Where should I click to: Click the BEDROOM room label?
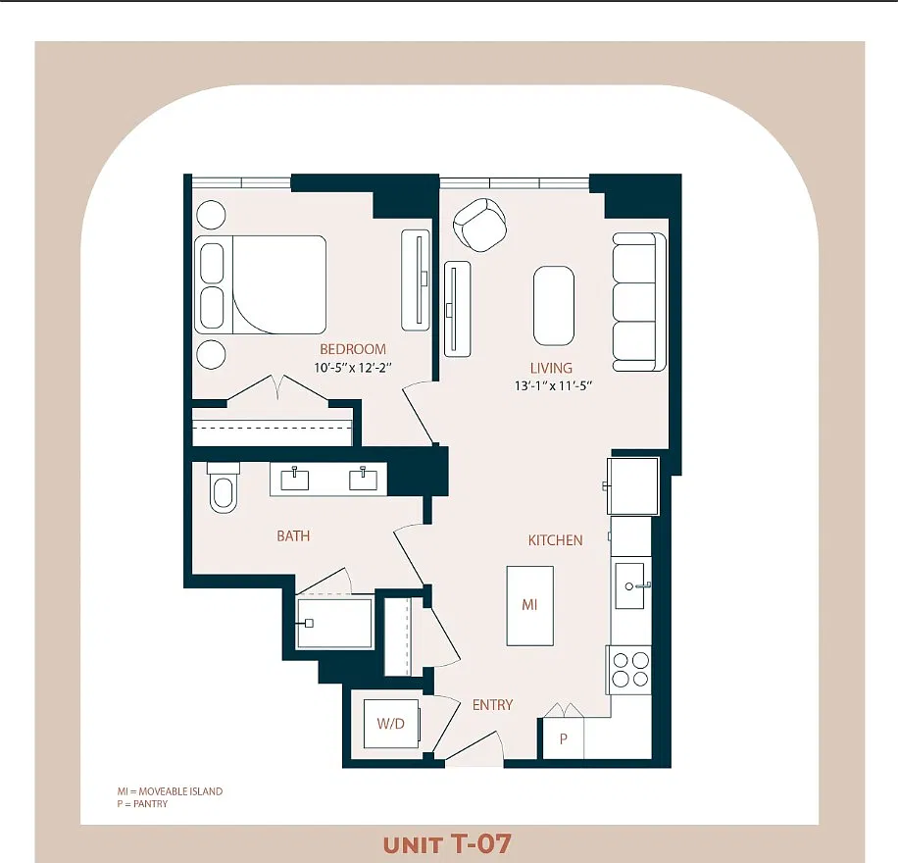353,349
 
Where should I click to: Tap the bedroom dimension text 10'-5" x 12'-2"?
353,368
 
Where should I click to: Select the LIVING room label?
551,368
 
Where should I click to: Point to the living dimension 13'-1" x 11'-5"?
553,386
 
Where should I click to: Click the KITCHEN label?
556,540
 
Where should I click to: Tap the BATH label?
293,536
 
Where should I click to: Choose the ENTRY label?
492,705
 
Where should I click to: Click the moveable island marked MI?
529,606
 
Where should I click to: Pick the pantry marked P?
563,738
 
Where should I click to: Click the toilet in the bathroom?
224,487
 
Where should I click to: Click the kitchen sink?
630,585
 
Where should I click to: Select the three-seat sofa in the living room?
639,301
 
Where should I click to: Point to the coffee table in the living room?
554,305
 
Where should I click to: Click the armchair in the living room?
480,225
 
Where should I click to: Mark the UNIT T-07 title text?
447,844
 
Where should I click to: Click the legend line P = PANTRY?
142,804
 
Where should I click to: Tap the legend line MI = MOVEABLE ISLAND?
171,791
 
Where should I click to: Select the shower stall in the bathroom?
335,624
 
